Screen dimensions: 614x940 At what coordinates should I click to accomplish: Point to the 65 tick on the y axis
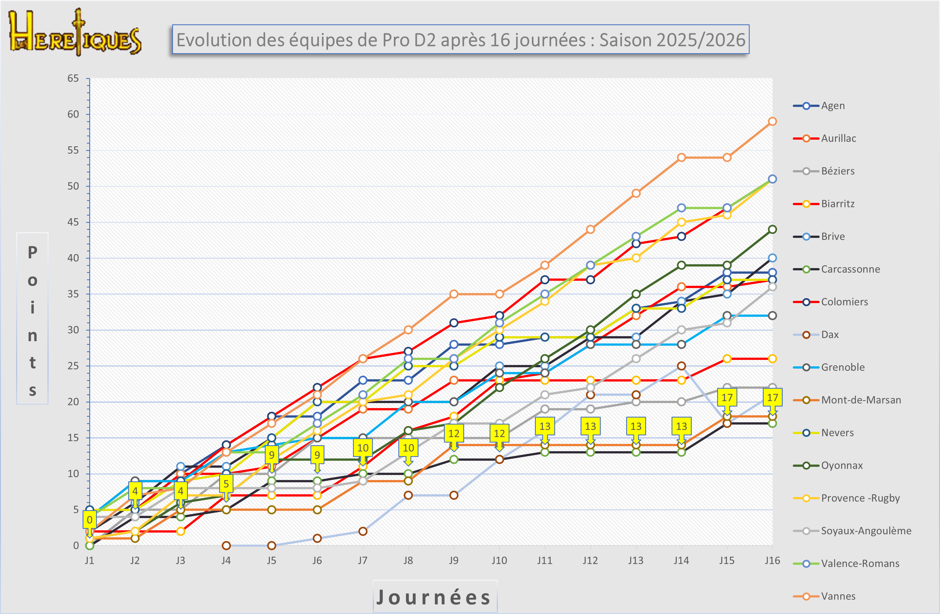point(73,78)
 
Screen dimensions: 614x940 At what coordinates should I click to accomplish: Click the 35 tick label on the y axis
point(73,294)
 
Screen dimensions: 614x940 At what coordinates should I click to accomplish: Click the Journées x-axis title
point(434,597)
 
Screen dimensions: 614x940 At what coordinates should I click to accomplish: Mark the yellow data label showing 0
point(90,520)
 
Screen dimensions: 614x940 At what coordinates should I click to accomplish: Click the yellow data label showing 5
point(226,484)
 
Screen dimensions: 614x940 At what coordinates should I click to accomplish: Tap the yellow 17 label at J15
point(727,398)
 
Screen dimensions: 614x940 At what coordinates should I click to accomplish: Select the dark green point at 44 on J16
point(772,229)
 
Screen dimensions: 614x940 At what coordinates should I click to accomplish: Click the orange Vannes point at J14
point(681,158)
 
